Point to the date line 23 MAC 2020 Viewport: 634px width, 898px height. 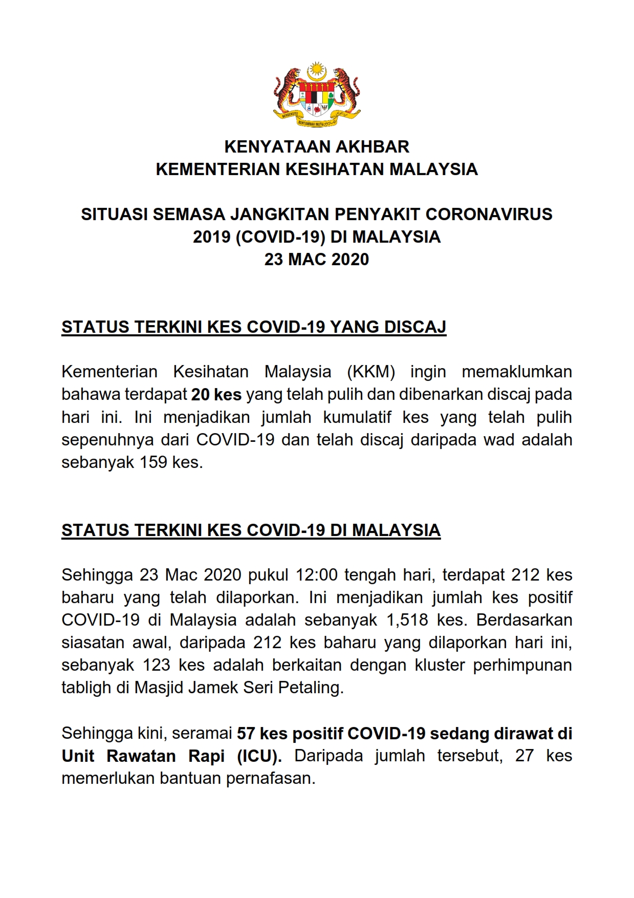click(317, 259)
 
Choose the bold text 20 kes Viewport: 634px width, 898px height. click(216, 395)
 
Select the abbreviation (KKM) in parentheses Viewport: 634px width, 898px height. click(371, 372)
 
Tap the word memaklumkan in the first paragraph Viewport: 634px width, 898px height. click(517, 372)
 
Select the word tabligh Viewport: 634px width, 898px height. click(86, 688)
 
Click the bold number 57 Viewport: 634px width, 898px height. click(246, 734)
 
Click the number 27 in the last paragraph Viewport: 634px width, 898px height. click(524, 756)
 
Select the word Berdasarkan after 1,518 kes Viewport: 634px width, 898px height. click(524, 620)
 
